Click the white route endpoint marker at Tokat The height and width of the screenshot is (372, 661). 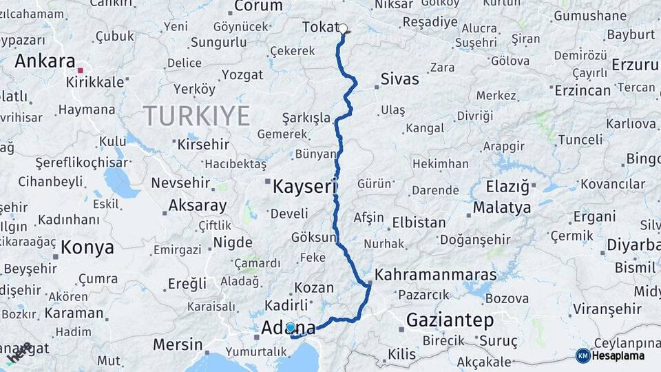[343, 29]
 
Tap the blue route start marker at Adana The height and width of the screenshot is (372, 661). [291, 328]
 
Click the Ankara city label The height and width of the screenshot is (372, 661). [45, 61]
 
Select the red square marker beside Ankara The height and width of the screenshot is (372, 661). [81, 70]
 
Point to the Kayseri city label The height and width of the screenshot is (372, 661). [304, 186]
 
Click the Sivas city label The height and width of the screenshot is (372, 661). [399, 79]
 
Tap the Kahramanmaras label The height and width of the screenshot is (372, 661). [435, 274]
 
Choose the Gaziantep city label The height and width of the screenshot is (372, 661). [450, 320]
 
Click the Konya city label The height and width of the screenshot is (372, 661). [87, 247]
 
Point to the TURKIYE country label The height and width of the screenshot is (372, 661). [196, 116]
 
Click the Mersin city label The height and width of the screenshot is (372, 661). [178, 344]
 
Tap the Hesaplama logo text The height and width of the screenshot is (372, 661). [619, 356]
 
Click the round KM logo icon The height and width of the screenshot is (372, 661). [583, 355]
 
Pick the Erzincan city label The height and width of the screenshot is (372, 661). [582, 90]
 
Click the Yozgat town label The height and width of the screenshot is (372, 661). [242, 74]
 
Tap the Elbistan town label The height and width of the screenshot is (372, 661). [419, 223]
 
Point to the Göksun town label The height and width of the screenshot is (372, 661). [313, 236]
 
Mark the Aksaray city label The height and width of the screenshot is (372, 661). [197, 205]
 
